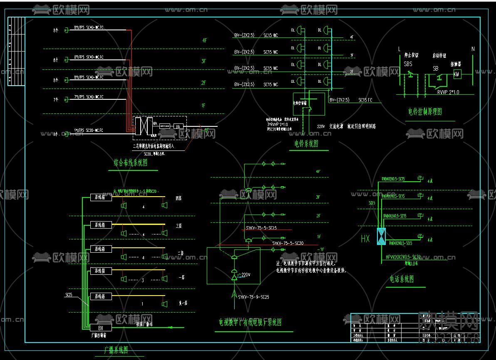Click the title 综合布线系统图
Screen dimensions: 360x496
tap(130, 163)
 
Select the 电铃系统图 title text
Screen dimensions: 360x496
tap(306, 144)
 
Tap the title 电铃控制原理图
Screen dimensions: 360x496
tap(425, 112)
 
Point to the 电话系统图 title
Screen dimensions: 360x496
tap(402, 279)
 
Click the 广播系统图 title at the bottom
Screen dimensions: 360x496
tap(116, 350)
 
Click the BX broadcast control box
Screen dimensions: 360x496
tap(100, 328)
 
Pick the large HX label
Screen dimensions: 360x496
tap(365, 239)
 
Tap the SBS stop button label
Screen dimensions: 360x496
tap(408, 64)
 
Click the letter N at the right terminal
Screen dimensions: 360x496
tap(473, 49)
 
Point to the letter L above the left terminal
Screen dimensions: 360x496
tap(399, 49)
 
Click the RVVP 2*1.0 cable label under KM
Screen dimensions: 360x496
tap(448, 92)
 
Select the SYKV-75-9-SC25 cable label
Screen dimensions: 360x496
tap(253, 297)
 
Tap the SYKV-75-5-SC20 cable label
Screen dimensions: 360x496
tap(288, 243)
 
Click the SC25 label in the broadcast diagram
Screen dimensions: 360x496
tap(69, 295)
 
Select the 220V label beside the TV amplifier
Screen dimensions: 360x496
tap(246, 275)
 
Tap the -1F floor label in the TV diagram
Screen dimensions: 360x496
tap(320, 249)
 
